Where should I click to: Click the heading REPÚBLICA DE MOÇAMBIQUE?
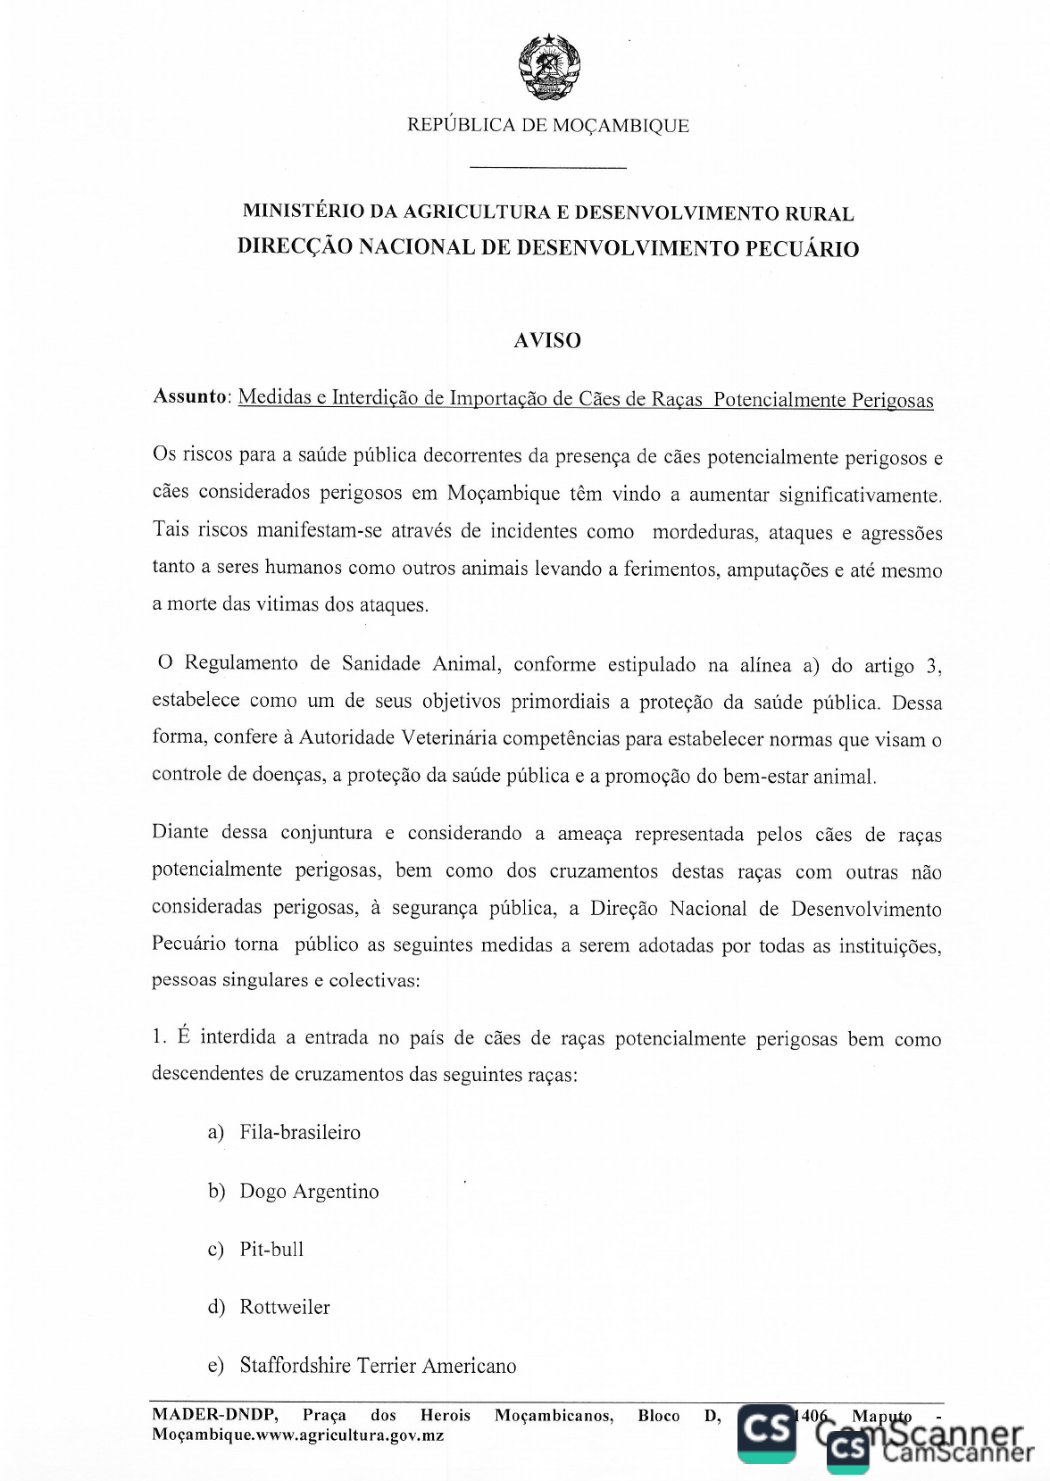click(548, 126)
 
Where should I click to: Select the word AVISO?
click(547, 340)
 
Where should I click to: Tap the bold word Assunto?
click(190, 396)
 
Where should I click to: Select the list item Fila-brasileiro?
click(300, 1133)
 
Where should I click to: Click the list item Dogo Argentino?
click(309, 1192)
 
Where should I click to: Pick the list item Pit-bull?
click(271, 1250)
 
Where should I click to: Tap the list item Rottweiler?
click(285, 1308)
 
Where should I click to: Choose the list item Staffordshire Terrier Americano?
click(378, 1366)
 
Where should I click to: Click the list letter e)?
click(215, 1366)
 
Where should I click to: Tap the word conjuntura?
click(326, 833)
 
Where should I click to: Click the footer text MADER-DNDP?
click(215, 1415)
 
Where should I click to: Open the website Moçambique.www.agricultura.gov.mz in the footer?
click(297, 1435)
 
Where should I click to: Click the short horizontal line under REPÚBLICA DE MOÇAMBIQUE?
click(547, 167)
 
